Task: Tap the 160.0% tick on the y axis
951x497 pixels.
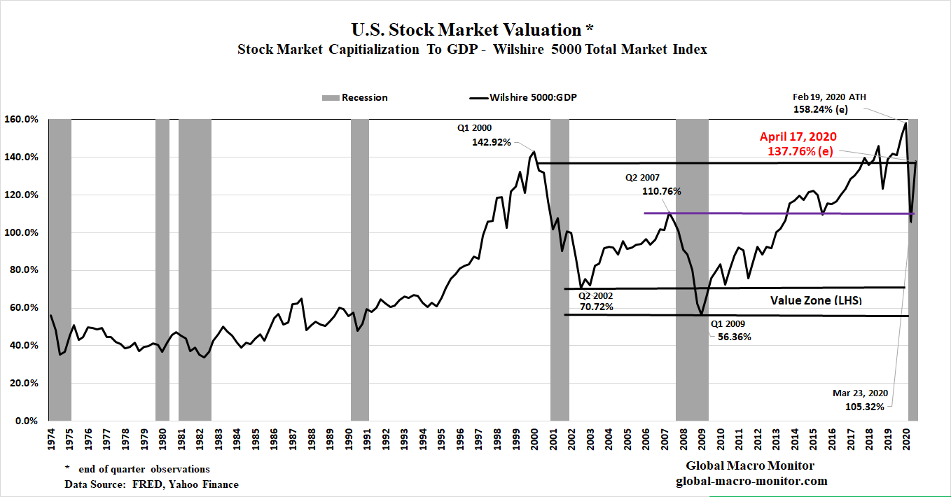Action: click(x=22, y=119)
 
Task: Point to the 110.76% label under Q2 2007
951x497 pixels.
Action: click(x=661, y=190)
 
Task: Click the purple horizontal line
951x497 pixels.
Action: click(x=770, y=213)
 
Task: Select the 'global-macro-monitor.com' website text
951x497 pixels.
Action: click(x=751, y=481)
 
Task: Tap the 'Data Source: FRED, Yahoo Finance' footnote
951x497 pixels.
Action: click(x=151, y=484)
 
